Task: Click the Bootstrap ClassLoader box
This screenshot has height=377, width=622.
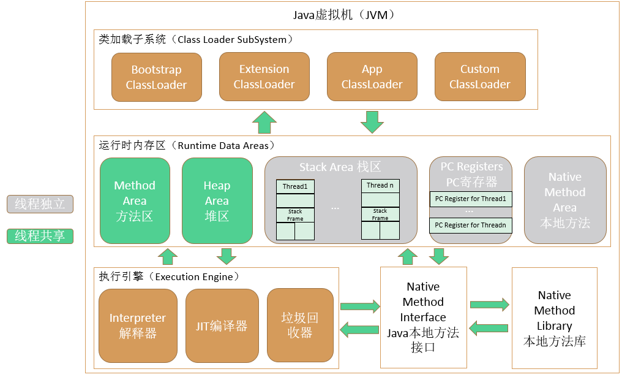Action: tap(157, 77)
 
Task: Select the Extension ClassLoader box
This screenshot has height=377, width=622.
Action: tap(264, 77)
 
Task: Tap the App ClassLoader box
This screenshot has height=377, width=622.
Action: tap(372, 77)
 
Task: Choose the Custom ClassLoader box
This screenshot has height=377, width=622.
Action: tap(480, 77)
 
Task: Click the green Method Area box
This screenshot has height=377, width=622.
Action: tap(135, 200)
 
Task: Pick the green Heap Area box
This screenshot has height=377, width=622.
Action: tap(217, 200)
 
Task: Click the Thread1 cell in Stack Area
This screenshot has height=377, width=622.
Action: tap(295, 186)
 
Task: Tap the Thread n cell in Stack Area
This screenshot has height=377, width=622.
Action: tap(380, 186)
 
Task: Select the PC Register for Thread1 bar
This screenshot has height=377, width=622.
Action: tap(470, 199)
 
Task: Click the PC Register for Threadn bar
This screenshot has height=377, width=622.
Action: tap(470, 225)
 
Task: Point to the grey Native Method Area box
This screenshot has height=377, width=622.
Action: tap(565, 200)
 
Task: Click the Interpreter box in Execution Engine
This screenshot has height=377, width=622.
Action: tap(138, 326)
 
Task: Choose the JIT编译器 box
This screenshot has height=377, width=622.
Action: tap(222, 326)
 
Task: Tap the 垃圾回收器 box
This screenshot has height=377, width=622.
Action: tap(301, 326)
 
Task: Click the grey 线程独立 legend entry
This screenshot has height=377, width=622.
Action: tap(40, 204)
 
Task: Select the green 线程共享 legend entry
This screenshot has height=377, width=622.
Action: tap(40, 236)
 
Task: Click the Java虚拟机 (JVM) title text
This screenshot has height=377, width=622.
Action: tap(344, 15)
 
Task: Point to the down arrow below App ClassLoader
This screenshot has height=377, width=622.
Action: tap(372, 122)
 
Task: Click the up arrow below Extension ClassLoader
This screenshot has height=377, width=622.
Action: tap(264, 122)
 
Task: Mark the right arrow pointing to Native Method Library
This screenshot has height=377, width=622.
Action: tap(490, 305)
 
